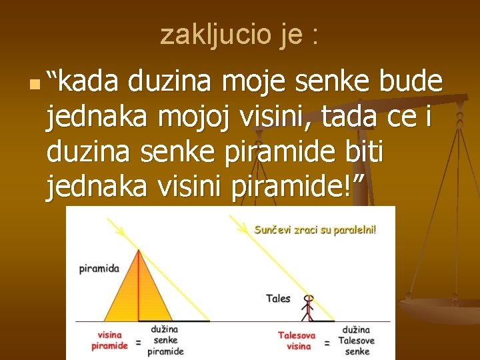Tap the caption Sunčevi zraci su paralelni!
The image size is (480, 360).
(x=315, y=230)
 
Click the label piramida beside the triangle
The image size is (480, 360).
(x=99, y=269)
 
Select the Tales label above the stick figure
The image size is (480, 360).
(x=278, y=299)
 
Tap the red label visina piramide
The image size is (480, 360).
(x=109, y=341)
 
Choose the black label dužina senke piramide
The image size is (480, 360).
(x=165, y=340)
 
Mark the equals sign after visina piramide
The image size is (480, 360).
(x=138, y=343)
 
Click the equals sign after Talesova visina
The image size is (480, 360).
(x=327, y=343)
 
